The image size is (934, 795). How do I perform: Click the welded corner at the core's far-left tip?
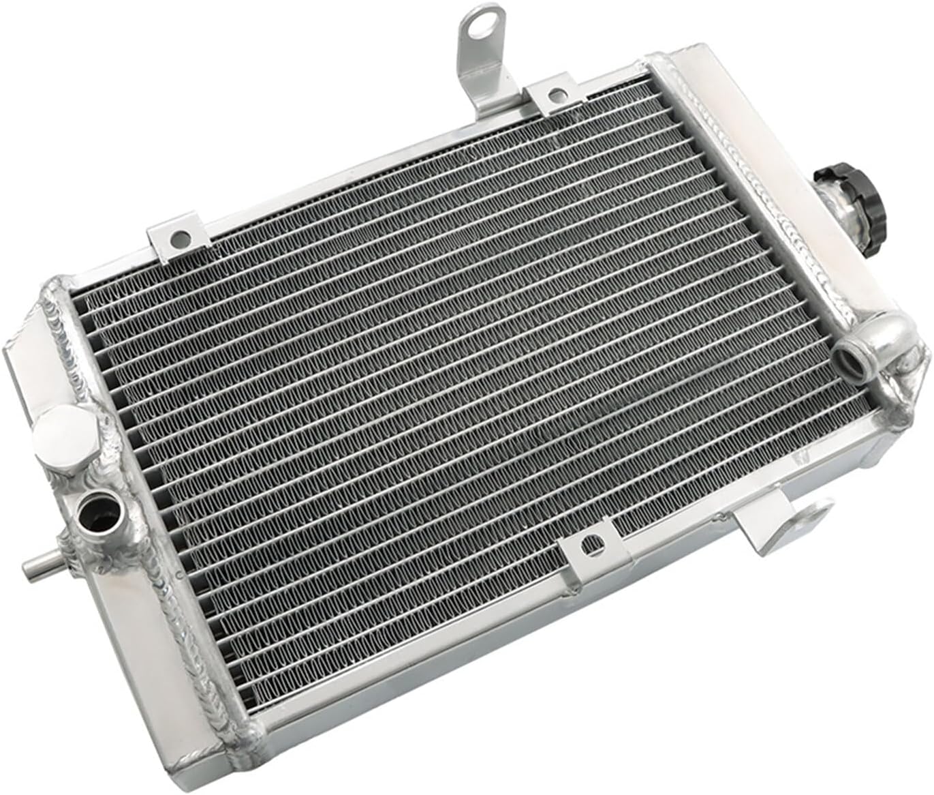click(58, 295)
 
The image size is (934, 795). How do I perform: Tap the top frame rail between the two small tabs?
click(368, 167)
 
